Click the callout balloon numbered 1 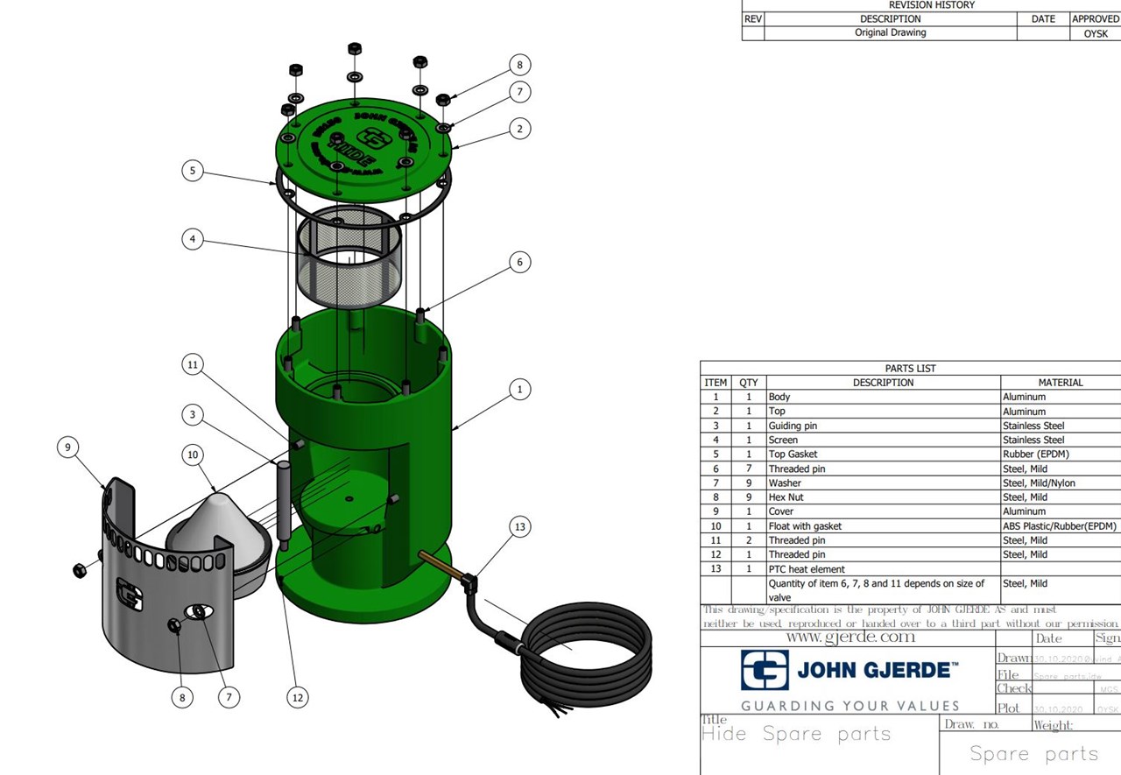[520, 389]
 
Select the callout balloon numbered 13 [520, 526]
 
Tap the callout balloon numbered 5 [194, 170]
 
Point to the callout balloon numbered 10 [194, 454]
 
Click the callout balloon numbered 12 [299, 697]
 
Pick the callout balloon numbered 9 [67, 447]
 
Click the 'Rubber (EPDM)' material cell [1035, 454]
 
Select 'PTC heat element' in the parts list [807, 569]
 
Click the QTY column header [748, 383]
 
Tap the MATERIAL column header [1060, 383]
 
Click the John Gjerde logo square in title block [765, 670]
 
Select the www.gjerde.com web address [850, 638]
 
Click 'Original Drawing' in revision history [890, 32]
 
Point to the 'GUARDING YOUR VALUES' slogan [850, 706]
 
